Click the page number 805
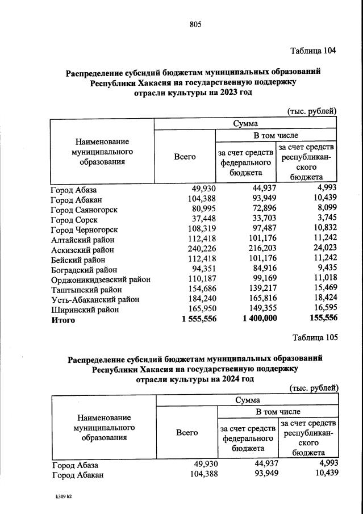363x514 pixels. [x=195, y=24]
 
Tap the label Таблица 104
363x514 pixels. [x=313, y=51]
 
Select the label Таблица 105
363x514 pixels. [x=315, y=337]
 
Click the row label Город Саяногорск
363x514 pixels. [x=84, y=210]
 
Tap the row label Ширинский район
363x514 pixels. [x=85, y=310]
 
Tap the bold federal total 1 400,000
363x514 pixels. [x=260, y=320]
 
